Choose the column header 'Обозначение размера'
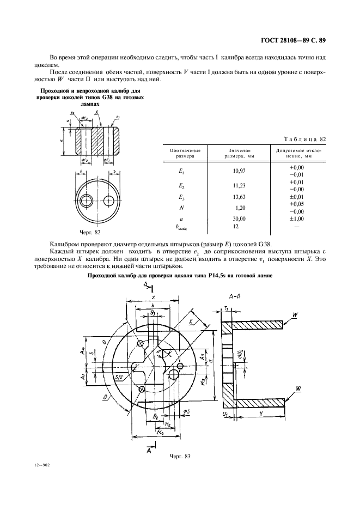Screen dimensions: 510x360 pyautogui.click(x=185, y=153)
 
